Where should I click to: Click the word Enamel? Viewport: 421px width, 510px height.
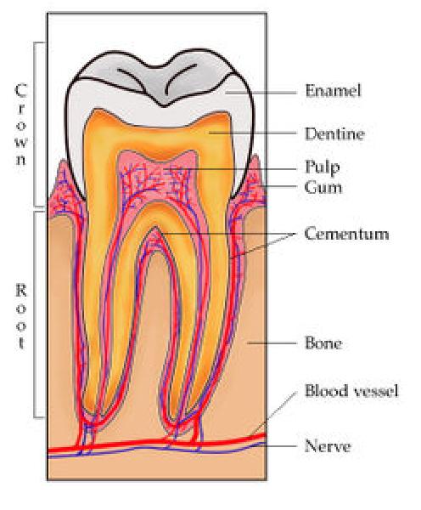tap(333, 91)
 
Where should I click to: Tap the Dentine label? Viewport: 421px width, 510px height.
tap(334, 134)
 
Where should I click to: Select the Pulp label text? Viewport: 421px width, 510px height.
tap(323, 167)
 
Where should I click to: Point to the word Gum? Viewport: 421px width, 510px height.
tap(323, 188)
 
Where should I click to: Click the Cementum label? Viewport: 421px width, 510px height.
tap(346, 234)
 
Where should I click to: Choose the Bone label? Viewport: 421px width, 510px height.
tap(323, 343)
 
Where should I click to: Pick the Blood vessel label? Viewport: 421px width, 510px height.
tap(351, 391)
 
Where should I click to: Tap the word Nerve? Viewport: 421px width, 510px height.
tap(328, 445)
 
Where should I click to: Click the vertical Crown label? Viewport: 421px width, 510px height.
tap(20, 124)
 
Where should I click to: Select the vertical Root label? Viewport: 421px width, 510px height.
tap(20, 316)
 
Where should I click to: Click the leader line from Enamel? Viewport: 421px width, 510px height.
tap(261, 93)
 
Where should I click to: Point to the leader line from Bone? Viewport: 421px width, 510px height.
tap(272, 343)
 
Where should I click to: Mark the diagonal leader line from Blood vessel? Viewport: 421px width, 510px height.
tap(274, 413)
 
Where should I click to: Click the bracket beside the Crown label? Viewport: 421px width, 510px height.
tap(35, 124)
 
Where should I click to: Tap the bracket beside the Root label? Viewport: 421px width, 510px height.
tap(35, 314)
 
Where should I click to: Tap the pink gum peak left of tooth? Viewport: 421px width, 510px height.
tap(62, 160)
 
